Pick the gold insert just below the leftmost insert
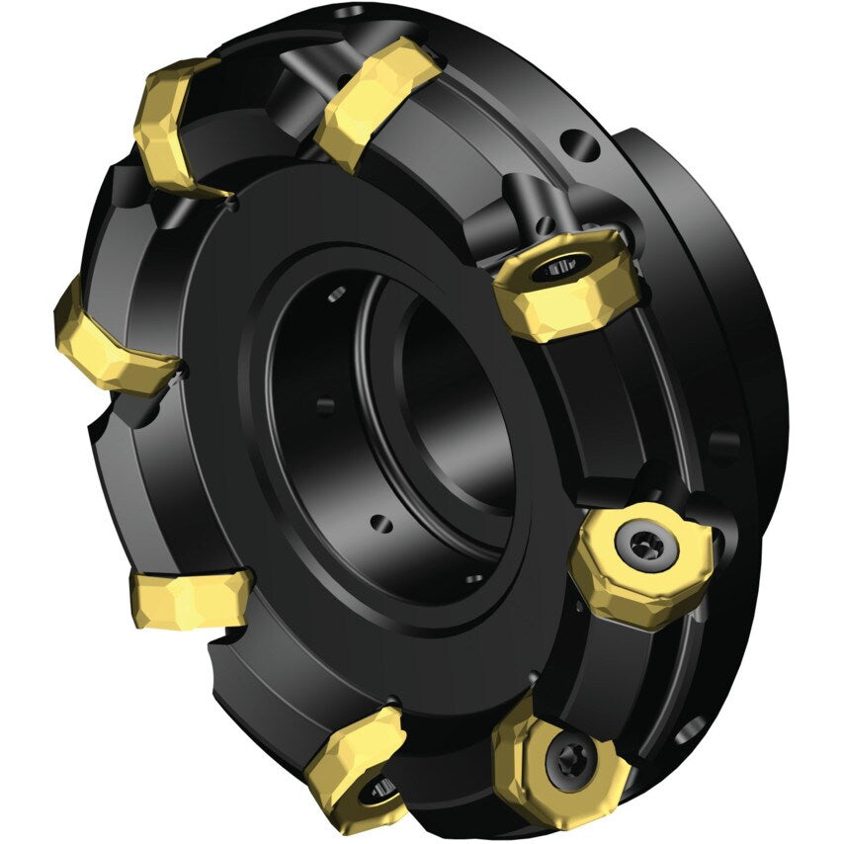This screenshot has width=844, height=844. coord(191,598)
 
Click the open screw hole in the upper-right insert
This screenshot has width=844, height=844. coord(558,267)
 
